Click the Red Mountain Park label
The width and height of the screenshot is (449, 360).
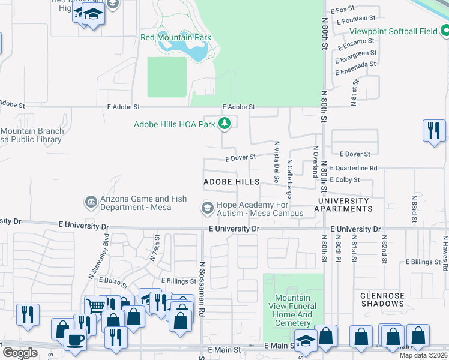(x=176, y=37)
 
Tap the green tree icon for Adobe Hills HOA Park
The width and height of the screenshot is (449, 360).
(x=224, y=124)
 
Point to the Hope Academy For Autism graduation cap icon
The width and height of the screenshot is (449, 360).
(x=207, y=208)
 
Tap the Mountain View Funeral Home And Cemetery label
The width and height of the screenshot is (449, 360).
(x=293, y=310)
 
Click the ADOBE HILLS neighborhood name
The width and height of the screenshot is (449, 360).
(x=232, y=181)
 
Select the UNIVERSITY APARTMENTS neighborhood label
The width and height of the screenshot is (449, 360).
(x=345, y=205)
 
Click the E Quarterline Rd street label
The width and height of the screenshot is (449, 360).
(x=354, y=169)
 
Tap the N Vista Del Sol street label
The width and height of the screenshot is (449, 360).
(x=277, y=163)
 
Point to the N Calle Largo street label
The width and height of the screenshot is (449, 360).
(x=289, y=178)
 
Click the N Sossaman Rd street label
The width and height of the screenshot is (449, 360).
(x=202, y=286)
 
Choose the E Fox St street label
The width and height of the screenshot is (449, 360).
(x=344, y=10)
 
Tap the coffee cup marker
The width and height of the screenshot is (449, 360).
(x=75, y=339)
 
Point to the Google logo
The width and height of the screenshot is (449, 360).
(x=20, y=353)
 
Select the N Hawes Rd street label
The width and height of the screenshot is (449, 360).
(x=445, y=248)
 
